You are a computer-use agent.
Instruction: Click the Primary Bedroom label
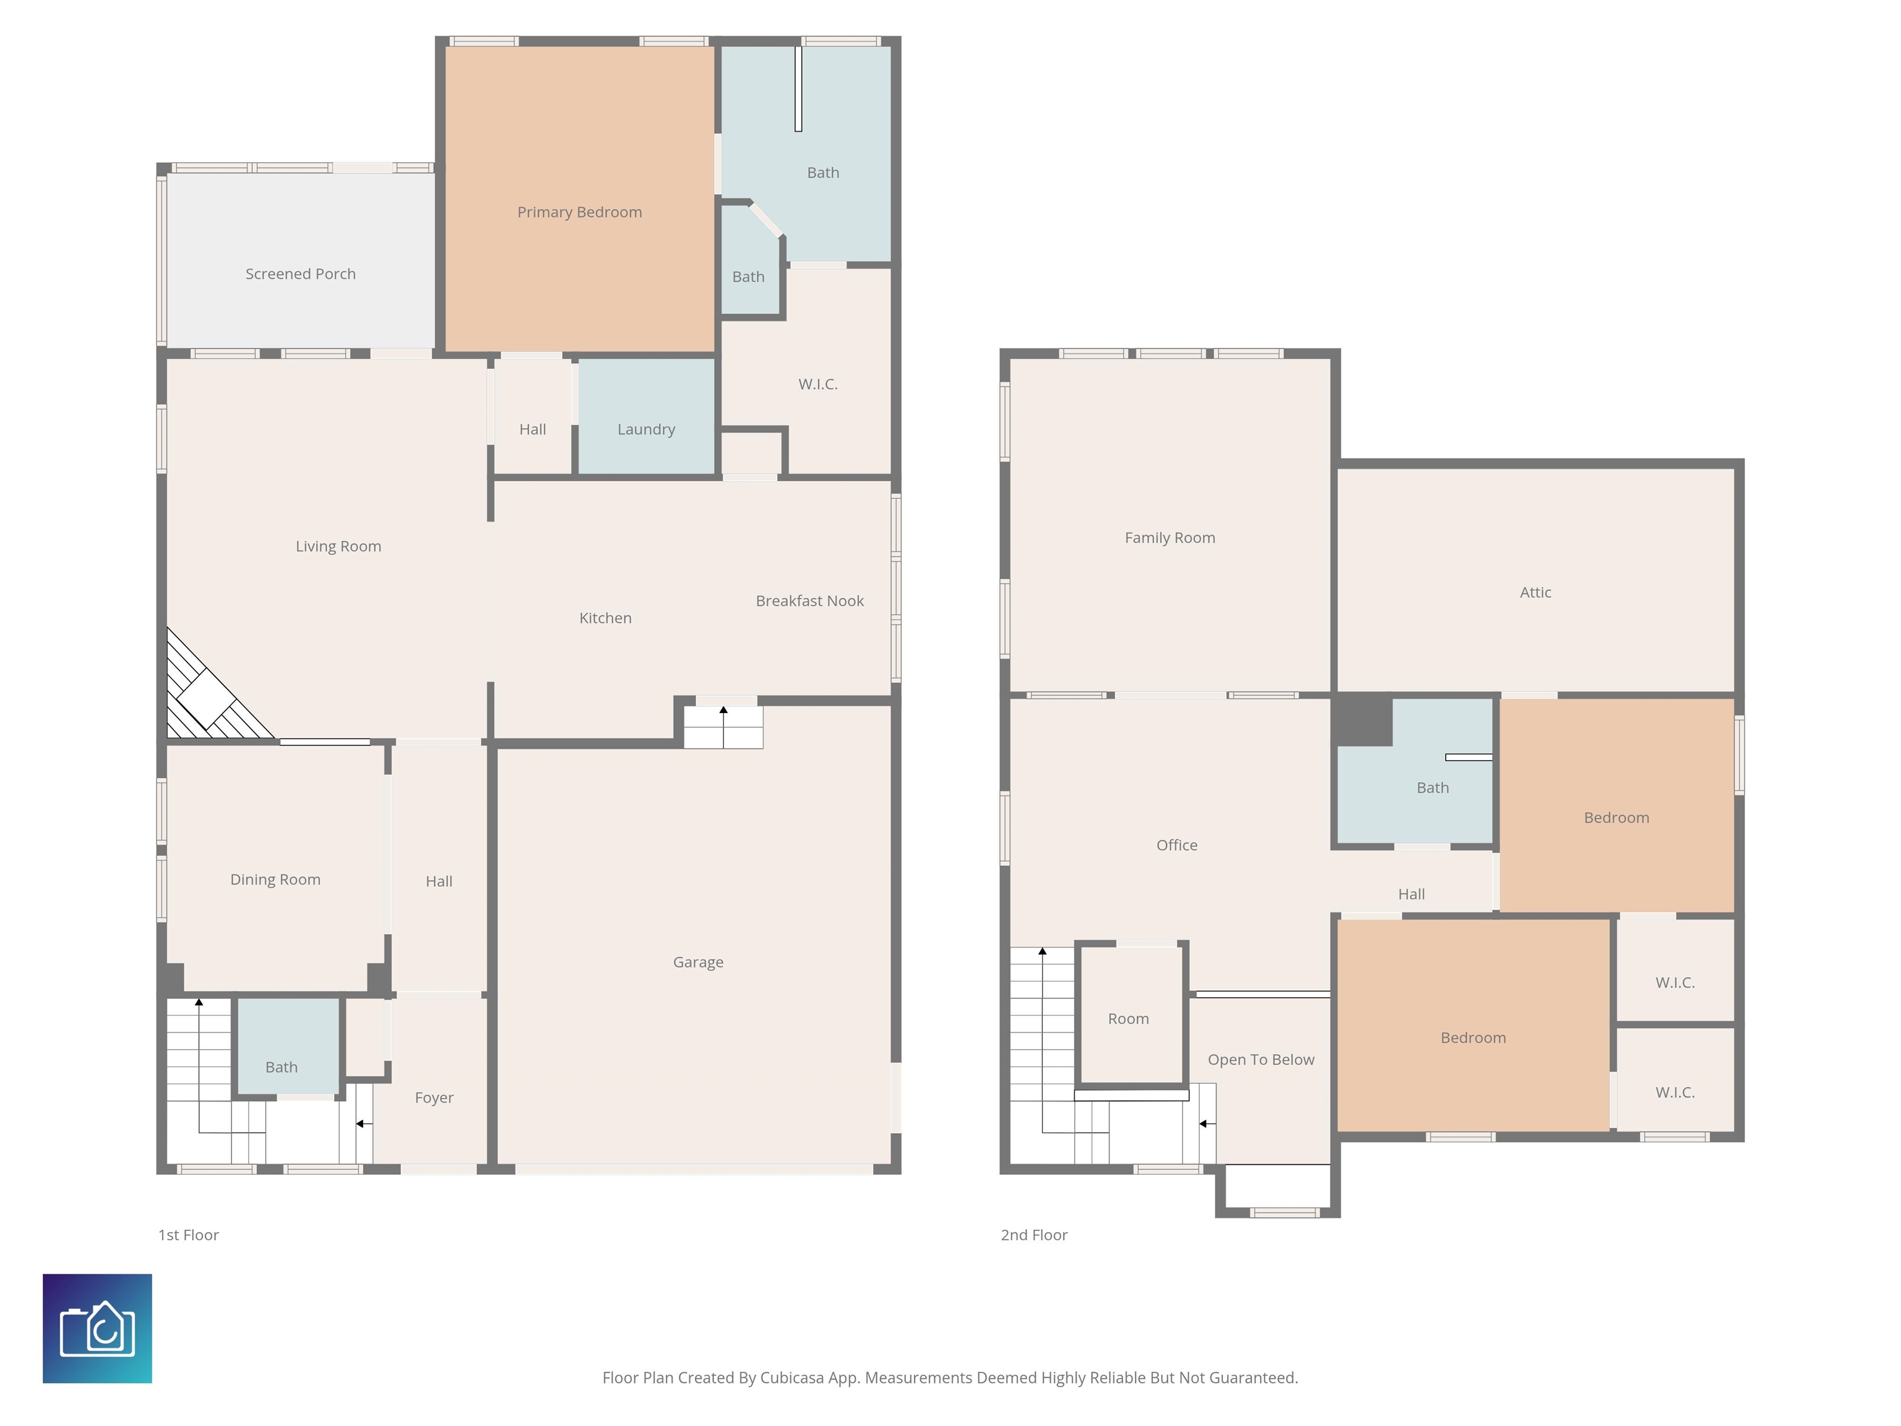[x=579, y=212]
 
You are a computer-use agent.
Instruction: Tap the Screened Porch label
[x=300, y=274]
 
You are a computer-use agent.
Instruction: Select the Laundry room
[x=646, y=416]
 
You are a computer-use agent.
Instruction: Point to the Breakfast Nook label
[x=809, y=601]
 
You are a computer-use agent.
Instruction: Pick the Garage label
[x=698, y=962]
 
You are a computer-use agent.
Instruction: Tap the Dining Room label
[x=275, y=879]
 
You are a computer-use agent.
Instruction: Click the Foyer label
[x=434, y=1097]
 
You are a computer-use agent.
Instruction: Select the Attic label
[x=1536, y=592]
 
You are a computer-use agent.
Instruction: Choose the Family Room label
[x=1170, y=538]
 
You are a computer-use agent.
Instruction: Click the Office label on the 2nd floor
[x=1176, y=845]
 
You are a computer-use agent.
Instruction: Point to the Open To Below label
[x=1261, y=1060]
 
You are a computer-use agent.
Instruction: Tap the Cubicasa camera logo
[x=97, y=1328]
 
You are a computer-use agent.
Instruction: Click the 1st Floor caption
[x=188, y=1235]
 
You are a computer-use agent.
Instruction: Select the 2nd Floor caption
[x=1034, y=1235]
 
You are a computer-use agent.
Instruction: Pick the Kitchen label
[x=605, y=618]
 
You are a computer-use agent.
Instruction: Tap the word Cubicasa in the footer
[x=791, y=1378]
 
